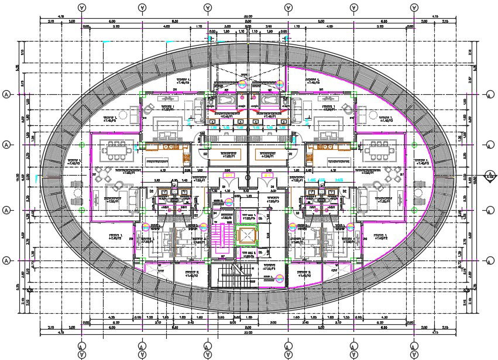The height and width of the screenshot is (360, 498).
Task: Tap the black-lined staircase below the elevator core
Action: [x=233, y=275]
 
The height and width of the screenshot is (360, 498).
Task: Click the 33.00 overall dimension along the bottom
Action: [x=248, y=332]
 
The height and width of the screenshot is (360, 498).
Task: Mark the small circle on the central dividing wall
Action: [x=248, y=176]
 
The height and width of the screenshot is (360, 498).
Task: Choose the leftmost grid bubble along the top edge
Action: [x=81, y=7]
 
